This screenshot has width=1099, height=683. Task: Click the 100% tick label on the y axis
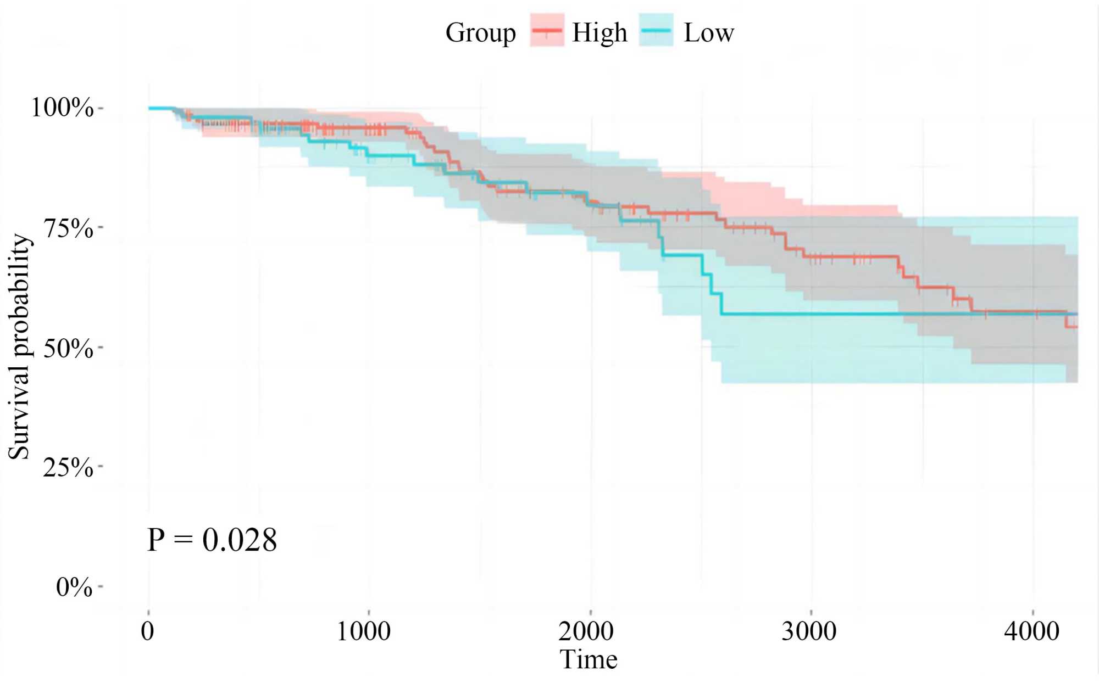(62, 107)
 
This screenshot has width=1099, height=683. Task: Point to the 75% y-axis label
(69, 228)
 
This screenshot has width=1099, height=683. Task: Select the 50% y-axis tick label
(69, 348)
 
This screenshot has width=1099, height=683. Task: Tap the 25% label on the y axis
(69, 468)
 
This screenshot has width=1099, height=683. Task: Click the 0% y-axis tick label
(74, 587)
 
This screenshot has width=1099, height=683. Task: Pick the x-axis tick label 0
(147, 631)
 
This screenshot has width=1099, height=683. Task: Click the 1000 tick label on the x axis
(363, 631)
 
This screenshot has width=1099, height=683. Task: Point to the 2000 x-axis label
(586, 631)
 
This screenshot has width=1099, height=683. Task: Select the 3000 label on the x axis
(809, 631)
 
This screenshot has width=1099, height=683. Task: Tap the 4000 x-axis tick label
(1031, 631)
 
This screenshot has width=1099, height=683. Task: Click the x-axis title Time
(589, 659)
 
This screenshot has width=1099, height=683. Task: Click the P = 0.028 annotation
(212, 540)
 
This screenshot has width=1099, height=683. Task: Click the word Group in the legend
(480, 32)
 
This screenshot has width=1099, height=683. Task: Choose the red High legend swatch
(547, 31)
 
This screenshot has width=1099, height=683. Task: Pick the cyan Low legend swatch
(656, 31)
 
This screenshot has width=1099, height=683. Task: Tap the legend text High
(600, 32)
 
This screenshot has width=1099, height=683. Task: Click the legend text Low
(708, 32)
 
